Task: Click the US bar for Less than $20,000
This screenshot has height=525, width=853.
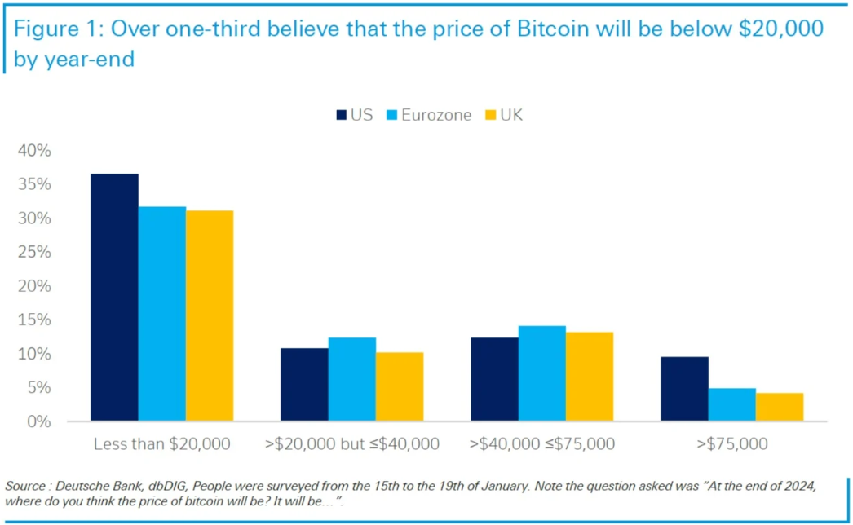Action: coord(114,298)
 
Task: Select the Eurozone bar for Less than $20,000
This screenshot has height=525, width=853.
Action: coord(161,314)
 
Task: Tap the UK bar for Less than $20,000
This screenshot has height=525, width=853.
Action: coord(210,316)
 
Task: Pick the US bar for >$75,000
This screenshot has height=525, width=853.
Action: coord(684,389)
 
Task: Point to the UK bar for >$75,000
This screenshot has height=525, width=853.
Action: coord(780,408)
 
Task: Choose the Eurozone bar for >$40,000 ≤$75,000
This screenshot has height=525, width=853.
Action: coord(541,373)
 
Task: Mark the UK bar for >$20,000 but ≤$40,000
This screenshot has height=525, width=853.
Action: coord(400,386)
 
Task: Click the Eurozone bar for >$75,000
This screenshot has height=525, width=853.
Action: coord(731,405)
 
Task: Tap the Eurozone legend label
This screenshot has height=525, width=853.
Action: coord(436,115)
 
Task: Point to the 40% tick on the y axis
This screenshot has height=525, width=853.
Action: coord(35,151)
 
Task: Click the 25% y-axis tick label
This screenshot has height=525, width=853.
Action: coord(35,253)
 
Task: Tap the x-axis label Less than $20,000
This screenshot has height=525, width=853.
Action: coord(161,444)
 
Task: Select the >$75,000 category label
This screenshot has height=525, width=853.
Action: coord(731,444)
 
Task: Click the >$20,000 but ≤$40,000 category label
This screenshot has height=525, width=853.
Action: coord(352,444)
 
